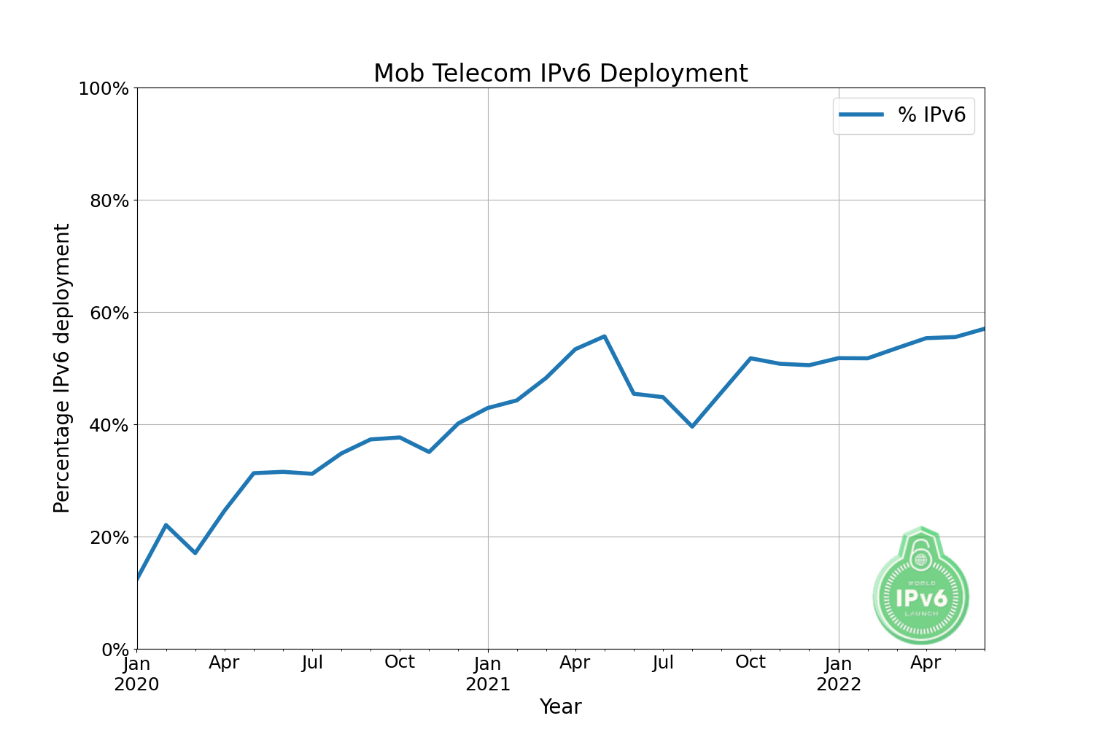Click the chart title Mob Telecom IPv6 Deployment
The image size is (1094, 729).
pos(560,74)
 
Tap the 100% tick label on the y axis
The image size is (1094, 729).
pos(104,89)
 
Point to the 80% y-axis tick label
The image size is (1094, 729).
pos(109,200)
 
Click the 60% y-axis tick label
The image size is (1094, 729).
pos(109,313)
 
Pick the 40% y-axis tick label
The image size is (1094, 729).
pos(109,425)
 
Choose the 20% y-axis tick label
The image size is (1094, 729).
pos(109,537)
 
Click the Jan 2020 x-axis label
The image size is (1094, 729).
pos(137,674)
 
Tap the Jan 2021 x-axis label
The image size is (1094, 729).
pos(488,674)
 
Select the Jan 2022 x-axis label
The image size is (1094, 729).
pos(839,674)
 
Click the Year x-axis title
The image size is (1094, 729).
pos(560,706)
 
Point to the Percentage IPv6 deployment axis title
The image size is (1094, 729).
pos(62,368)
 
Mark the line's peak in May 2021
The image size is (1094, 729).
pos(605,336)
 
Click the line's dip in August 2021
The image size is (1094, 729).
pos(692,426)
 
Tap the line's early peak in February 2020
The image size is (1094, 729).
pos(166,525)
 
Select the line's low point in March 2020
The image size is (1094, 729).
pos(195,553)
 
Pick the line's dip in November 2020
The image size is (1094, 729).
pos(429,452)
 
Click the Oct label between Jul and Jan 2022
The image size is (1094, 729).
pos(750,662)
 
